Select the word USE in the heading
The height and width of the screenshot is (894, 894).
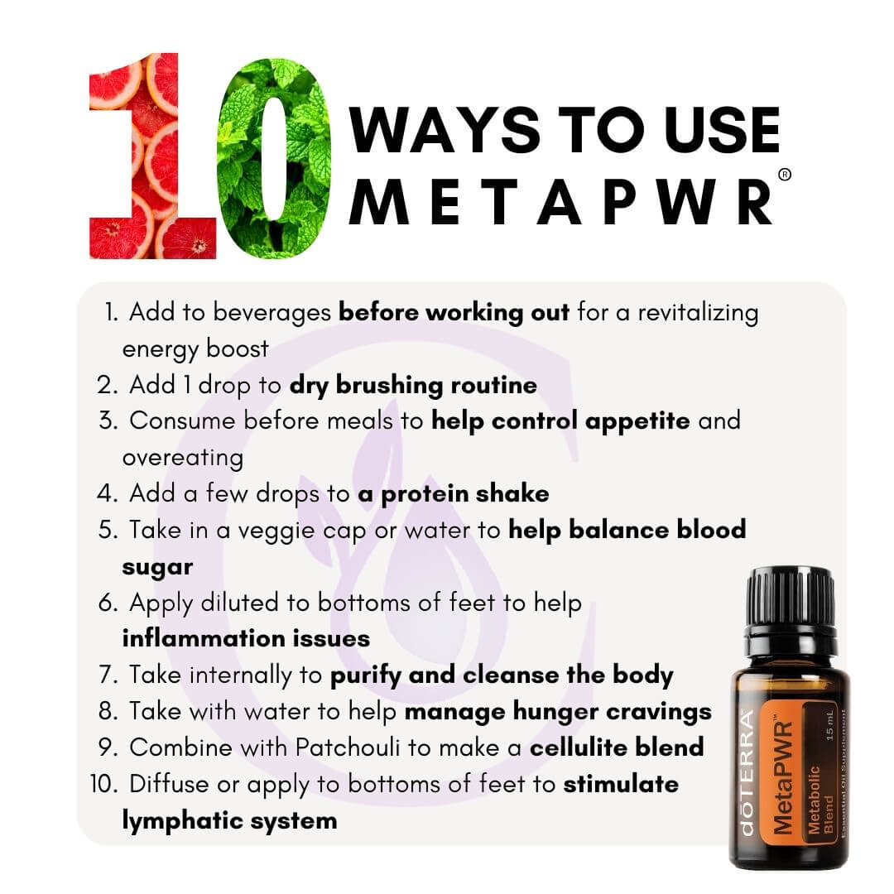[721, 130]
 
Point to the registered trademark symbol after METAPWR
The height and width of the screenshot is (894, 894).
[785, 175]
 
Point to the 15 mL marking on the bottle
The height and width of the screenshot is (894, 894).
[829, 726]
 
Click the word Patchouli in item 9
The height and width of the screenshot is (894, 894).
[348, 747]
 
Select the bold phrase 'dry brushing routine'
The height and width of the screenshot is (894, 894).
[413, 386]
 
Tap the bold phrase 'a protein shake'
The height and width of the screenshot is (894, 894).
[454, 494]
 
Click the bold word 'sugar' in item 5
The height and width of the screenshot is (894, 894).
[157, 568]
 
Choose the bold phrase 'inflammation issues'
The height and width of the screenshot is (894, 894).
[246, 638]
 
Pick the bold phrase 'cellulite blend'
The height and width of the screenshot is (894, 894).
[617, 747]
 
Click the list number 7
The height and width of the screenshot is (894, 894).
[108, 675]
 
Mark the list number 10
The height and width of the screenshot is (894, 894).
[103, 784]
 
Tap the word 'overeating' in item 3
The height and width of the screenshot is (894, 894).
[182, 458]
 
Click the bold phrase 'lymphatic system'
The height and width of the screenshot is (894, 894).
[229, 821]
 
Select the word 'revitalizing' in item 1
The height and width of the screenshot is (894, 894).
[698, 313]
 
